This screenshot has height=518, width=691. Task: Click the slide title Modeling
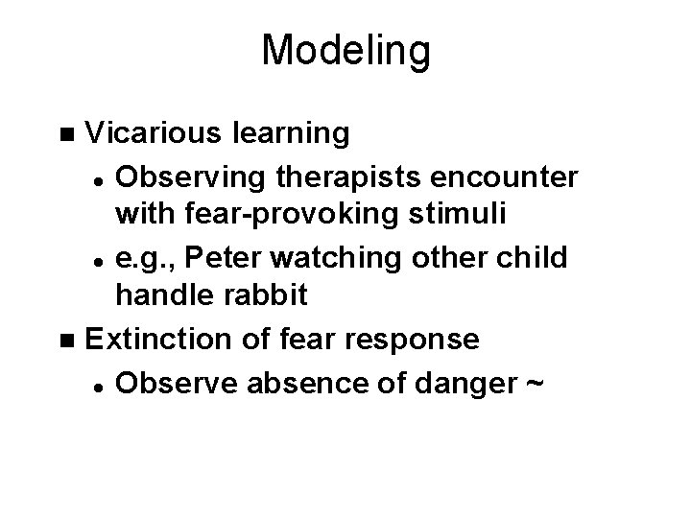pyautogui.click(x=345, y=50)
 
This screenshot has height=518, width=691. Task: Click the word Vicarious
pyautogui.click(x=153, y=133)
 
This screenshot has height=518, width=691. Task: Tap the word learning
pyautogui.click(x=291, y=133)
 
